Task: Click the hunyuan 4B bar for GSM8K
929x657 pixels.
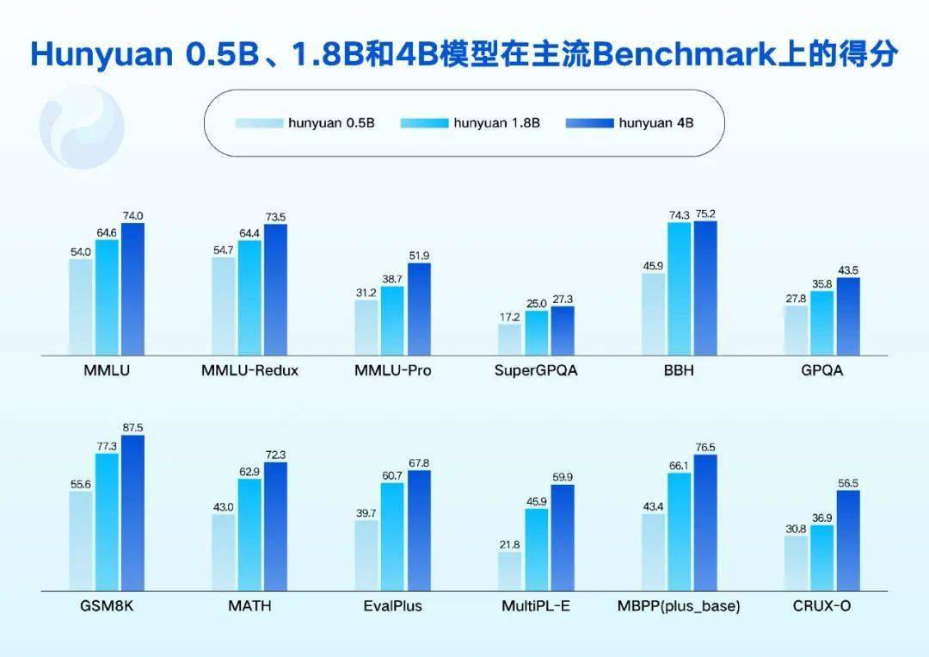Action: [132, 513]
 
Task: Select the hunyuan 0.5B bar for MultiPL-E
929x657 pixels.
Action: [509, 572]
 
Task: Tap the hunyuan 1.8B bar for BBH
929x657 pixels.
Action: [679, 288]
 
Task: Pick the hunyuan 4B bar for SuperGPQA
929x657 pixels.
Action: [563, 331]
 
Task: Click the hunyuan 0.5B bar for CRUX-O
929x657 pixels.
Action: [796, 563]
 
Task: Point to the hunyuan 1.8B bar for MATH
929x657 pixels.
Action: [249, 535]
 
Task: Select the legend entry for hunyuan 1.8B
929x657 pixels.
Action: [471, 123]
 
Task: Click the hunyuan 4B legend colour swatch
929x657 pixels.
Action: [589, 123]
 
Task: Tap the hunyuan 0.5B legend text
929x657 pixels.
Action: [331, 123]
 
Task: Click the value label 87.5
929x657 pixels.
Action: [132, 428]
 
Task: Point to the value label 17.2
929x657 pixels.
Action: [509, 317]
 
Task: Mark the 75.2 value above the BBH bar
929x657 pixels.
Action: [705, 214]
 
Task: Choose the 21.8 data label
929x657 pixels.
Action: [509, 544]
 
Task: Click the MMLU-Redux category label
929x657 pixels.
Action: [249, 370]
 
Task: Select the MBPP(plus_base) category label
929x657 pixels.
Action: [679, 606]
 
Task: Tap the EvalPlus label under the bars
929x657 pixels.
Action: [392, 606]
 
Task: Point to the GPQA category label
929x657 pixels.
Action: [821, 370]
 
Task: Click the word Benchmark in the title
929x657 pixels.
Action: [684, 54]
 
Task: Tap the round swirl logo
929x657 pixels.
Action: [82, 127]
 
